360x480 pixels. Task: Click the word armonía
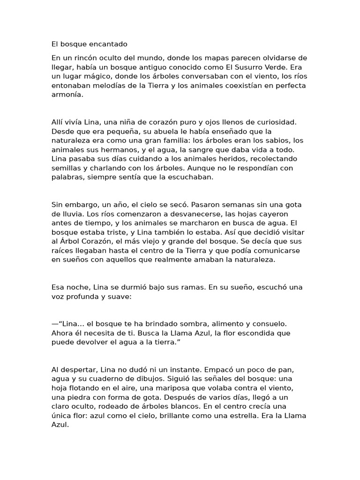click(67, 94)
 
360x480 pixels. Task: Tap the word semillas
click(67, 168)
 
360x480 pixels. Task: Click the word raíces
click(63, 250)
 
